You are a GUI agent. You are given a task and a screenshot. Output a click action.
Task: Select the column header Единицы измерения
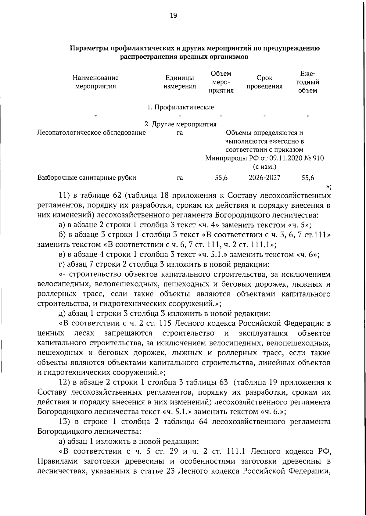179,82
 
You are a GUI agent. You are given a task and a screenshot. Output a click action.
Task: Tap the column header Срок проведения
264,82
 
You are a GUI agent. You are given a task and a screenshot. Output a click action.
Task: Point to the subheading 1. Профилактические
180,107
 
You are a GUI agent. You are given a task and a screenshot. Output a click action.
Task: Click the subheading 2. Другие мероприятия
180,124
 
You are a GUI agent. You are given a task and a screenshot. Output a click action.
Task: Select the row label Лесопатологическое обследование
91,133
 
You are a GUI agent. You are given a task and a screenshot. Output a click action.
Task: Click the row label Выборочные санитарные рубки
87,178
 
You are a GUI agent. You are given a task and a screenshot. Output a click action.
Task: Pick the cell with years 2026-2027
264,178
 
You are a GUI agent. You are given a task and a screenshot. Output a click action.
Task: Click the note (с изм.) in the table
264,167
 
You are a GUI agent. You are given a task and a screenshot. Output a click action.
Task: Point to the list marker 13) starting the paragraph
65,422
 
